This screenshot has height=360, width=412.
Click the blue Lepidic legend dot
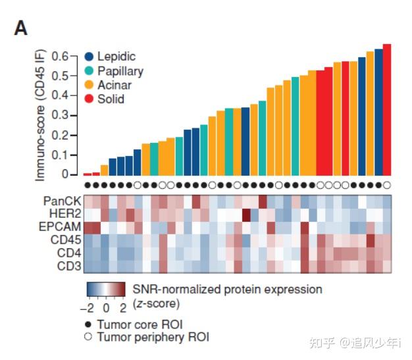(x=90, y=57)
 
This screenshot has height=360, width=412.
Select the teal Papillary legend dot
(x=90, y=71)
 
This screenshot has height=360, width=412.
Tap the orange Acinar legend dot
(x=90, y=85)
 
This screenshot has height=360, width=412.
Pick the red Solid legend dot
(x=90, y=99)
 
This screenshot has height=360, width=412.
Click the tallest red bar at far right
(x=387, y=109)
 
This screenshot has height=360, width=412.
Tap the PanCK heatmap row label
(x=63, y=201)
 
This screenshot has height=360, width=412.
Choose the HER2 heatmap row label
(x=64, y=214)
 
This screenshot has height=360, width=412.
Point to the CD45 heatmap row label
(x=66, y=240)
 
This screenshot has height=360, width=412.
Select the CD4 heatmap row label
(x=68, y=253)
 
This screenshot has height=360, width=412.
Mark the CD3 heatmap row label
(x=68, y=266)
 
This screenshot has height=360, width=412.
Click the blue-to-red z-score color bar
(x=105, y=290)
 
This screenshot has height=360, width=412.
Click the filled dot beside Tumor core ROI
(x=88, y=324)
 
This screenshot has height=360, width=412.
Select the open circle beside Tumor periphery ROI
(x=88, y=337)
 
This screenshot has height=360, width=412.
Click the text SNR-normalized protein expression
(x=228, y=290)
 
